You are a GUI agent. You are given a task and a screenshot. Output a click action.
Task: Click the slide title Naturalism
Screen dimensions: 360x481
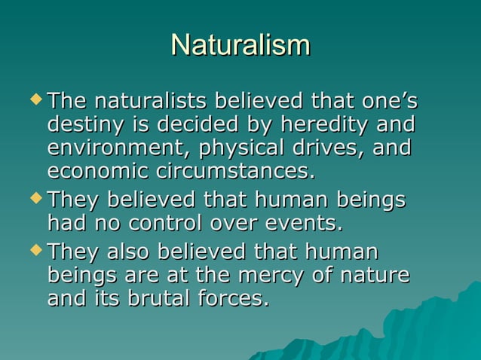(x=240, y=44)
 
